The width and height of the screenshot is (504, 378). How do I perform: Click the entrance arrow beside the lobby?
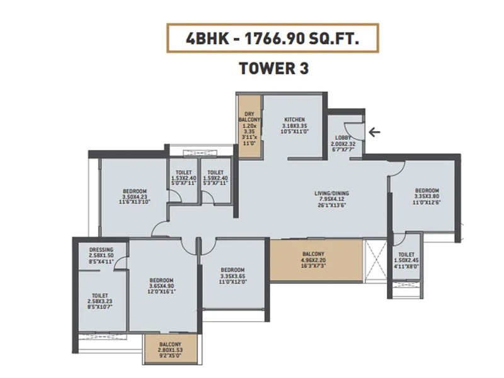coord(374,132)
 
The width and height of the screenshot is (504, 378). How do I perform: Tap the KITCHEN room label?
coord(294,120)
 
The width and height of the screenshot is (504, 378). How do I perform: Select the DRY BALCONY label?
coord(249,117)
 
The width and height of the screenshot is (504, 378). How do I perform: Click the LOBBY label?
coord(343,138)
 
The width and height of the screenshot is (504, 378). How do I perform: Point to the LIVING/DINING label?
coord(331,193)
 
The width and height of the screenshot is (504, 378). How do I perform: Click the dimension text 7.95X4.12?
coord(331,199)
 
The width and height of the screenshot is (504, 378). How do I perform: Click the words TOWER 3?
coord(274,68)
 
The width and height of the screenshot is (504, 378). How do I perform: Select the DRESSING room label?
coord(101,249)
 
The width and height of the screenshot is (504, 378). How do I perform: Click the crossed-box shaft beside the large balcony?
coord(375,260)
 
